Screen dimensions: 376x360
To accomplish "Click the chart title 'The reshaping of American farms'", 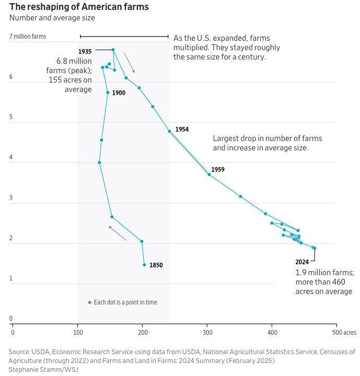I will point(79,7).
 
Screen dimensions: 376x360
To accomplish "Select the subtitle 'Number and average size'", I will point(52,18).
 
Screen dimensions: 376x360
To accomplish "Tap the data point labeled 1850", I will point(144,265).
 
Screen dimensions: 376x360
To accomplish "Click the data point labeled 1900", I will point(108,92).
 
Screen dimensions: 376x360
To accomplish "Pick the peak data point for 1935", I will point(113,50).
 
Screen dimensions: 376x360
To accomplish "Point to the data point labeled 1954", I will point(169,131).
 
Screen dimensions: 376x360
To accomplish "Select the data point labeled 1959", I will point(209,174).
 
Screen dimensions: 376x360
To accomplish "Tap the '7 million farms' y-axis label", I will point(28,37).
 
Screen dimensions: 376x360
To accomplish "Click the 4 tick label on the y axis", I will point(11,158).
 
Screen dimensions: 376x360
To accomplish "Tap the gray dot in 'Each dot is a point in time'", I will point(90,302).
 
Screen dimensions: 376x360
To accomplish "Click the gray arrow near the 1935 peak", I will point(129,63).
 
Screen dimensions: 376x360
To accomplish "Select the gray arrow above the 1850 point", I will point(118,233).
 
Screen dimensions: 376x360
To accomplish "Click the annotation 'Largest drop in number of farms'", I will point(267,138).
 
